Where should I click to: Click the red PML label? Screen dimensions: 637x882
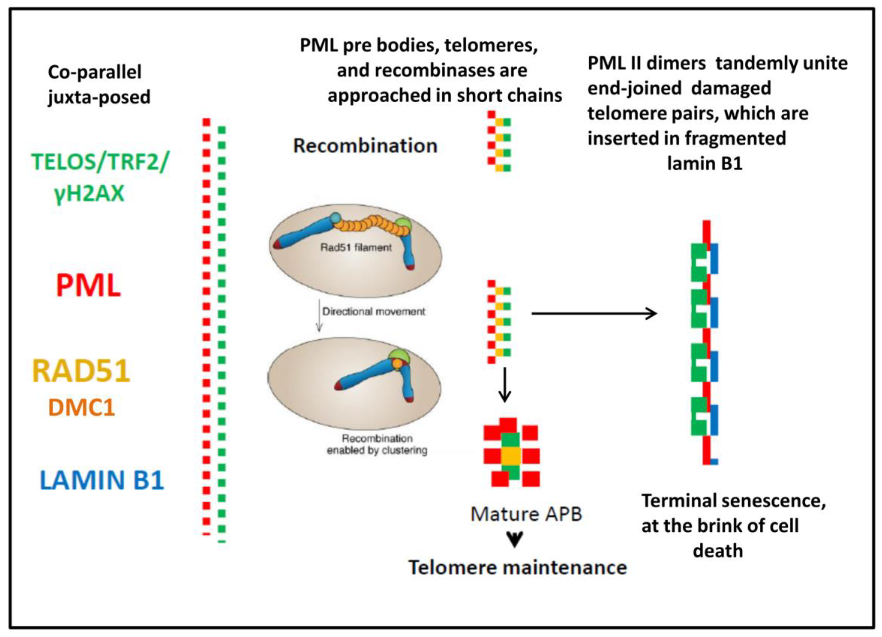pyautogui.click(x=88, y=285)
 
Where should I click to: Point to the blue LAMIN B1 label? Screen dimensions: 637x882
pyautogui.click(x=102, y=480)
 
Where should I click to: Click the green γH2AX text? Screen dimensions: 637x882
pyautogui.click(x=89, y=193)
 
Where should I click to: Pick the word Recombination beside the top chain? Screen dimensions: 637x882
pyautogui.click(x=365, y=146)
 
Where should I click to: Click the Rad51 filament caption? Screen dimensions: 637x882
pyautogui.click(x=356, y=248)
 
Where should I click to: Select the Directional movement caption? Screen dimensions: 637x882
pyautogui.click(x=374, y=311)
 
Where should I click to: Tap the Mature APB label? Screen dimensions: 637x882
pyautogui.click(x=526, y=514)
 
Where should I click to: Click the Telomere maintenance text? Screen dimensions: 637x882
pyautogui.click(x=518, y=567)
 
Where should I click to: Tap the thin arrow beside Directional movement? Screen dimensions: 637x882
pyautogui.click(x=319, y=315)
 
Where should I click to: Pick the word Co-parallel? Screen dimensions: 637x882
pyautogui.click(x=94, y=72)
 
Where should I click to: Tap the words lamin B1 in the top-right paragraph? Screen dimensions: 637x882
pyautogui.click(x=705, y=163)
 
